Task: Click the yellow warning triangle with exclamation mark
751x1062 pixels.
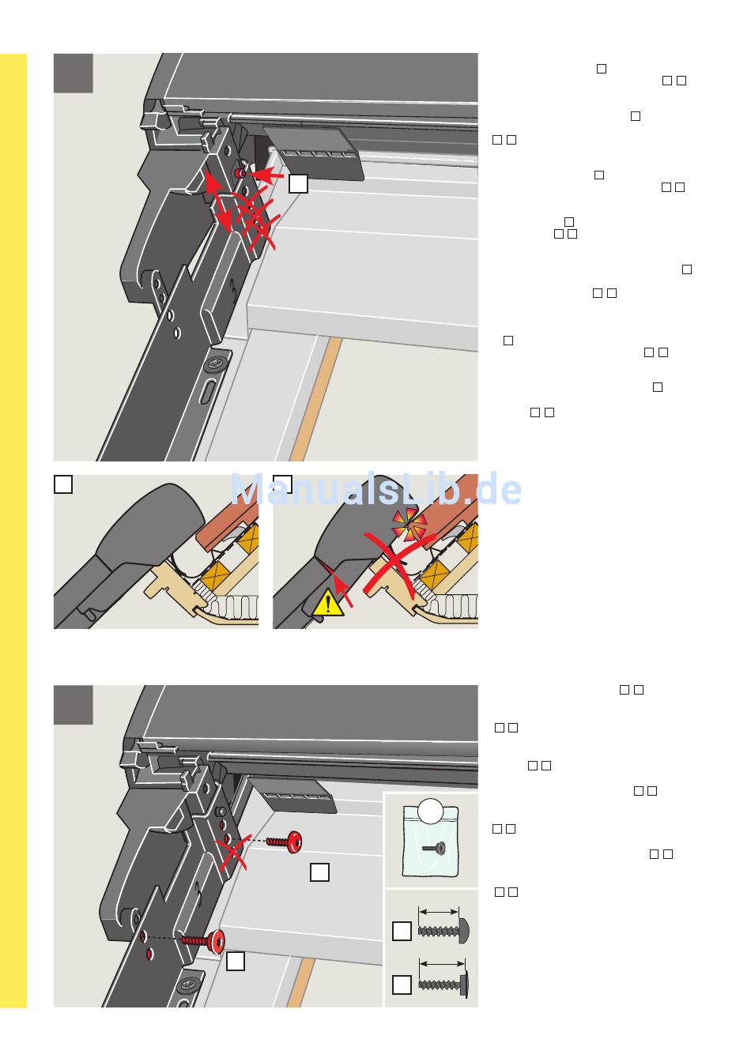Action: [327, 604]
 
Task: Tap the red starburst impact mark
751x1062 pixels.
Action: [409, 525]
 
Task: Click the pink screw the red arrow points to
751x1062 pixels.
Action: [240, 174]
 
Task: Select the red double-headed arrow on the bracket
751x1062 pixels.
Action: [217, 202]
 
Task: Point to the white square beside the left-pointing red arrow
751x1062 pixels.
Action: [298, 183]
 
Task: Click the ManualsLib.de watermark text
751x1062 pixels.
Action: [375, 489]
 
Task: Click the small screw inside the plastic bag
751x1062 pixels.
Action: [434, 848]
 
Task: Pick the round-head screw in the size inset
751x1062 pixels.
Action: [443, 931]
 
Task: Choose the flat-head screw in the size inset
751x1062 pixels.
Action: [443, 985]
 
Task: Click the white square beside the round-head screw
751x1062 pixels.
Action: [402, 931]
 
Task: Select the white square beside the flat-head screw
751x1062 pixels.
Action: [402, 985]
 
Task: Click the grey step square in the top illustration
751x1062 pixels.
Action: [73, 73]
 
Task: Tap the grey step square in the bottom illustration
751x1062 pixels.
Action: [73, 705]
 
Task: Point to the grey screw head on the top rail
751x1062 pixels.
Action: [214, 363]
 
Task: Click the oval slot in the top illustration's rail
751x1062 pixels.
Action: [207, 393]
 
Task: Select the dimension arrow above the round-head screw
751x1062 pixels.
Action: [439, 911]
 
